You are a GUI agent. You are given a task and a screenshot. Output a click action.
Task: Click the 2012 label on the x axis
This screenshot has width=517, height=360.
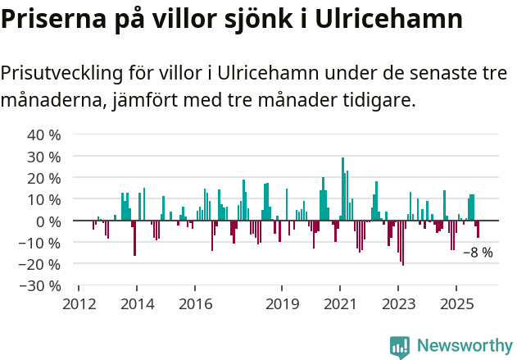point(79,304)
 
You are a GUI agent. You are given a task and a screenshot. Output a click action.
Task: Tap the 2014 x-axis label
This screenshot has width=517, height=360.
point(137,304)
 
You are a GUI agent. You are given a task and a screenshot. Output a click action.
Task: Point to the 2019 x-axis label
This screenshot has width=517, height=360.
point(282,304)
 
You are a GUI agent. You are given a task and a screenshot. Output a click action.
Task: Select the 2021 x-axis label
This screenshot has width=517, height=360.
point(340,304)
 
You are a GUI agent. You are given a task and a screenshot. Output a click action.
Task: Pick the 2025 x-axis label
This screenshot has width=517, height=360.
point(456,304)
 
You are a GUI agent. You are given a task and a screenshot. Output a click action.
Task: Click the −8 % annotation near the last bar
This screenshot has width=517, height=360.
point(478,253)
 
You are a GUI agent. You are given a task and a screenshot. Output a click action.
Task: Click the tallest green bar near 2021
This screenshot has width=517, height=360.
point(342,189)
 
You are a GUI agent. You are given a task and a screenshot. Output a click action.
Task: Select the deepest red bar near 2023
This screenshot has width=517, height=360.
point(402,243)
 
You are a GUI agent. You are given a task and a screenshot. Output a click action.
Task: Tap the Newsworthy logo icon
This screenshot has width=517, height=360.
point(400,347)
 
